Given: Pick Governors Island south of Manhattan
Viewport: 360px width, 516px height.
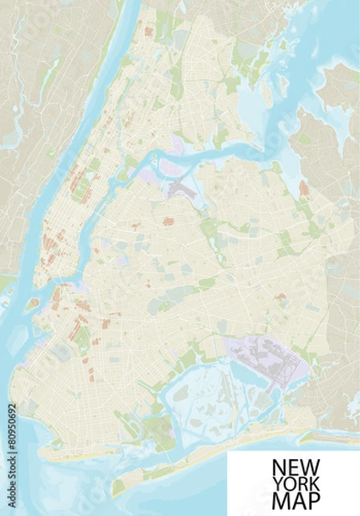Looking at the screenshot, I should pyautogui.click(x=34, y=304).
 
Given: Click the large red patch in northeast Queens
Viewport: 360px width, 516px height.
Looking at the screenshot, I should pyautogui.click(x=302, y=187).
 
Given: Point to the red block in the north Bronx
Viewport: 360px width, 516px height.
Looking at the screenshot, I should pyautogui.click(x=149, y=32).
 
